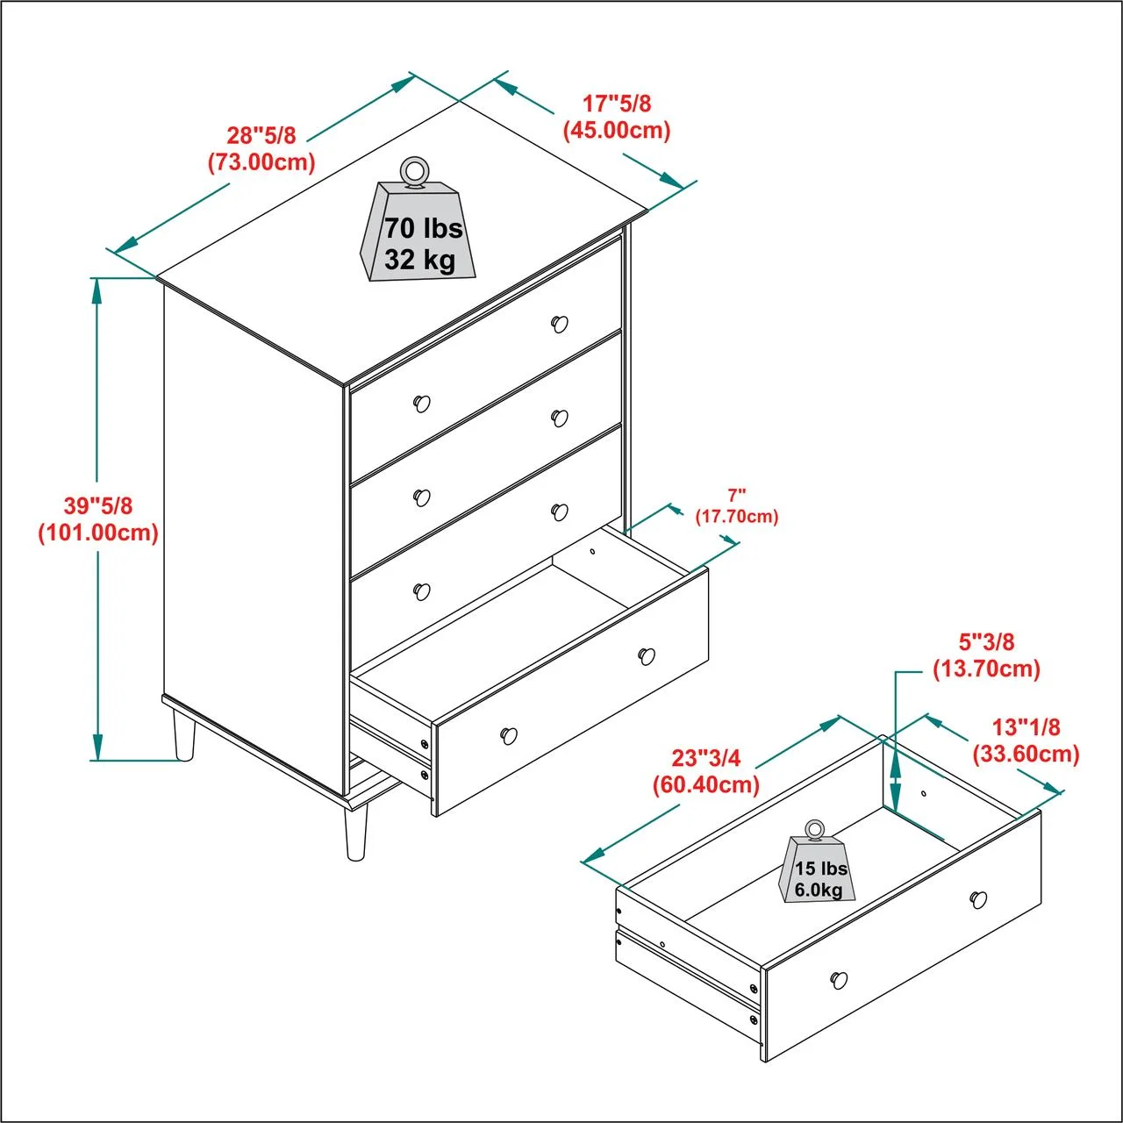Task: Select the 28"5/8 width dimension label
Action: click(261, 135)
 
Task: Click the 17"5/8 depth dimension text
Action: click(617, 104)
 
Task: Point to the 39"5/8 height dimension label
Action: click(98, 505)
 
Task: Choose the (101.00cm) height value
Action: click(98, 533)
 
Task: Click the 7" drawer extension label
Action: click(737, 496)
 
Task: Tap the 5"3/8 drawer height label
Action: click(987, 641)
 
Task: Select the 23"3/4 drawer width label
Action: click(705, 758)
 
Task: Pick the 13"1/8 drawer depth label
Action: click(1026, 726)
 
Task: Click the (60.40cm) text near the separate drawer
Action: click(706, 785)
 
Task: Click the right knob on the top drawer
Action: click(560, 324)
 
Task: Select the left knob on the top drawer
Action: click(422, 404)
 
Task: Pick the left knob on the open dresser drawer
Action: click(509, 735)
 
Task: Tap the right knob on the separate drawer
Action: click(978, 898)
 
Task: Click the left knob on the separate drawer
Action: click(839, 979)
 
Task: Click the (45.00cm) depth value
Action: click(617, 130)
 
